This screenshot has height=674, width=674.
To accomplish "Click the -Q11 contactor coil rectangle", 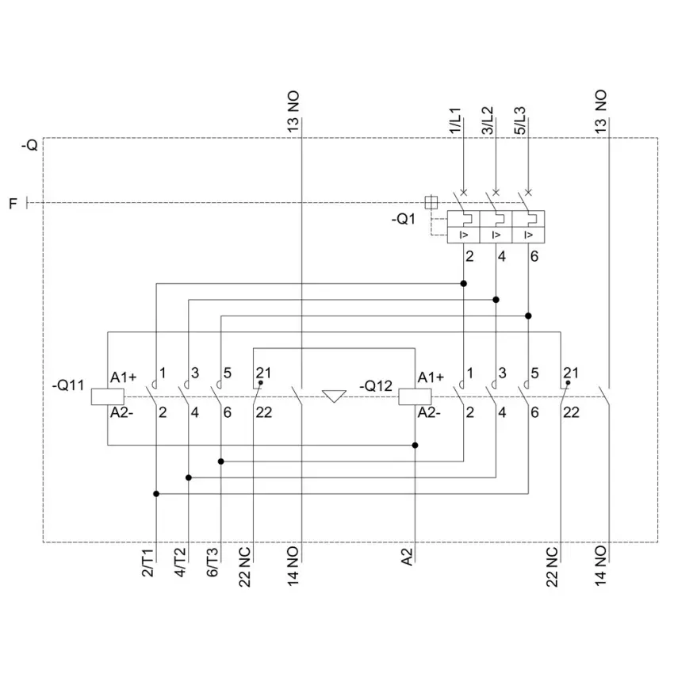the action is point(108,396).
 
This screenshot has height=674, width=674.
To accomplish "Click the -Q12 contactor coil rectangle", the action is point(415,396).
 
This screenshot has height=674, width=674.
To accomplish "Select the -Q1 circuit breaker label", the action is point(403,219).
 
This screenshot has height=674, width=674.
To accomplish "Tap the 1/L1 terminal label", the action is point(455,121).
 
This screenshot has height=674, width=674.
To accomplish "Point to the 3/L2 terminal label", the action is point(487,121).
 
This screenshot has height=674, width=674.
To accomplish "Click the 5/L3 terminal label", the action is point(519,121).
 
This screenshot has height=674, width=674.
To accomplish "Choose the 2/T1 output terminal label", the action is point(147,563).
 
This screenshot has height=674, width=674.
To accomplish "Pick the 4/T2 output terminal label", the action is point(180,563).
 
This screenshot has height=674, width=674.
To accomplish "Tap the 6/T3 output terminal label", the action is point(213,563).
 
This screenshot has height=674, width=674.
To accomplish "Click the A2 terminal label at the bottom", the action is point(407,557).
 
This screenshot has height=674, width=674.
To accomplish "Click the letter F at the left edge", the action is point(13,203).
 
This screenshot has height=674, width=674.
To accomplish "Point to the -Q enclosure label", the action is point(29,145).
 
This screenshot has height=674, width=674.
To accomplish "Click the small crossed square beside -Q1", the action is point(431,202).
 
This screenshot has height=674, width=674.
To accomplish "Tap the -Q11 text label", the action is point(68,385).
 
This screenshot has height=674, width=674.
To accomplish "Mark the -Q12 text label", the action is point(376,385).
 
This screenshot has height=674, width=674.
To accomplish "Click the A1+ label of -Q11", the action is point(124,377).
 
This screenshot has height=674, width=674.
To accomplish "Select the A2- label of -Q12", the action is point(429,412).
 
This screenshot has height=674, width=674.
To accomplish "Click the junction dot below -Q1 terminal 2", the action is point(463,284).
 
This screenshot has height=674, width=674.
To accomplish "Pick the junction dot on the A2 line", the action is point(415,446).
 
